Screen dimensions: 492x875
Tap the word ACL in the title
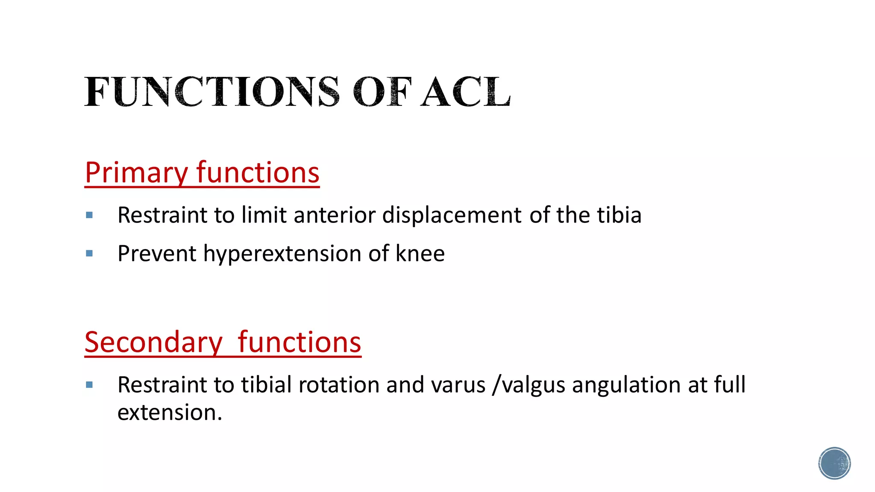[466, 91]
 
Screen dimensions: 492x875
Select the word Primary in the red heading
[136, 173]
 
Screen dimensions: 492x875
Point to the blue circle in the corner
[834, 463]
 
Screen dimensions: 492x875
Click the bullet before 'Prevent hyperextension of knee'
[89, 254]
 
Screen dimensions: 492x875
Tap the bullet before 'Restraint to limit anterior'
[89, 215]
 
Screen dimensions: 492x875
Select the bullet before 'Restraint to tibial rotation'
[89, 385]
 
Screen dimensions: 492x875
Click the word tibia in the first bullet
[619, 215]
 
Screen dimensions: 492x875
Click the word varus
[458, 385]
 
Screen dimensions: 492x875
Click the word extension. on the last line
[170, 413]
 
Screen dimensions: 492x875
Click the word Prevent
[157, 254]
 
